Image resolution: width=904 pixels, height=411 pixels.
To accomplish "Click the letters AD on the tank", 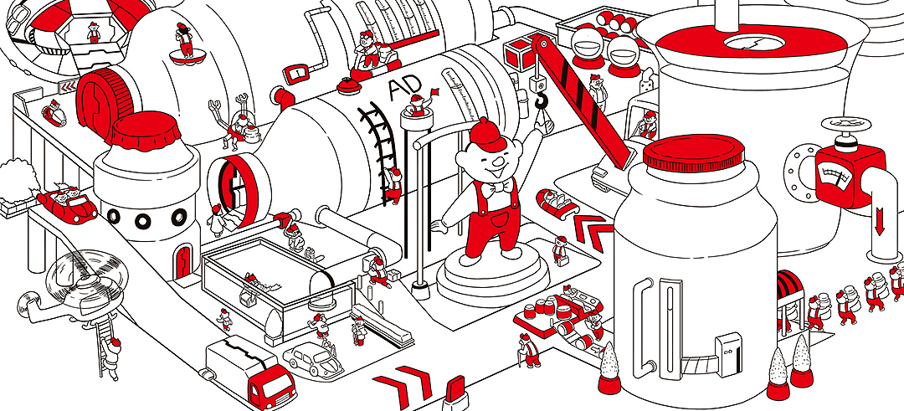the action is click(x=403, y=88).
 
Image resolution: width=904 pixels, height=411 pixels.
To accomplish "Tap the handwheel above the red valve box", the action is click(x=847, y=125).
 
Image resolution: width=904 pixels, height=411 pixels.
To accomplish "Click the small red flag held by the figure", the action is click(x=434, y=91).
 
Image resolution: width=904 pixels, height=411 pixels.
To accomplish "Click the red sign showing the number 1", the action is click(x=295, y=73).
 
